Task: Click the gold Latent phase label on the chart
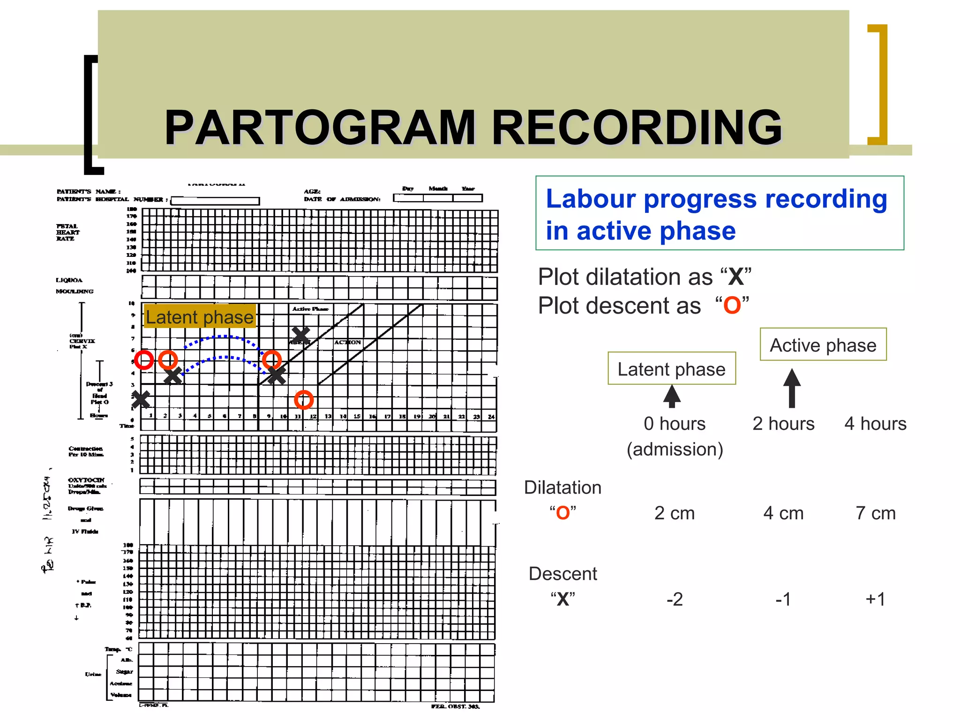click(x=200, y=317)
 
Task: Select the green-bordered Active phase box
click(x=823, y=345)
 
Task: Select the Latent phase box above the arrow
click(x=671, y=369)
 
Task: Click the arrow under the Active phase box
click(x=792, y=388)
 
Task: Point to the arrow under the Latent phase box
click(x=672, y=397)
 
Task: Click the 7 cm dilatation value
click(x=875, y=513)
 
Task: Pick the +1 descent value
click(x=875, y=599)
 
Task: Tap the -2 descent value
click(x=675, y=599)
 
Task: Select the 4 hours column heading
click(x=875, y=424)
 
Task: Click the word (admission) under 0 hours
click(x=675, y=449)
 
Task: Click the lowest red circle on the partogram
click(x=304, y=400)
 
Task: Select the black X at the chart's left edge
click(x=141, y=399)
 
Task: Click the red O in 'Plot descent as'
click(x=732, y=306)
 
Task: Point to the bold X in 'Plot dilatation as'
click(x=735, y=277)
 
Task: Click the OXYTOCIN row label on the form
click(x=86, y=480)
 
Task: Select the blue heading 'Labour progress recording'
click(x=716, y=199)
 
